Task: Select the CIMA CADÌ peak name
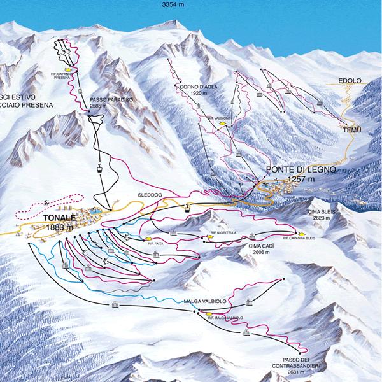261,246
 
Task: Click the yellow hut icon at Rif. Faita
148,237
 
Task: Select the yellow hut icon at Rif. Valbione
223,125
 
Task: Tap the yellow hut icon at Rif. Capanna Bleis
295,232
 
